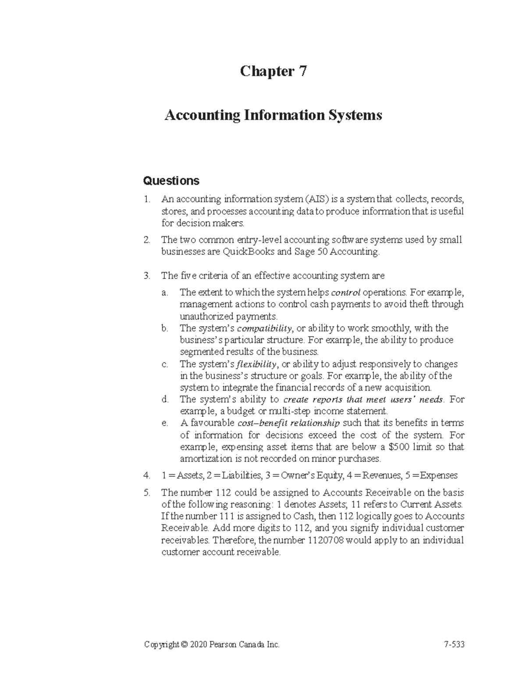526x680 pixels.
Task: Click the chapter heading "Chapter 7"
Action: click(273, 71)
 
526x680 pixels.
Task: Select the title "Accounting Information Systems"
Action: click(273, 116)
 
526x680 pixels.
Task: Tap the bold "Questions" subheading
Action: click(171, 181)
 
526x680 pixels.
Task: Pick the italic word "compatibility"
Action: click(265, 328)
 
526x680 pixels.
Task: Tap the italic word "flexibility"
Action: click(256, 364)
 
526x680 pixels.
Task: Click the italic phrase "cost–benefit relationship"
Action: click(288, 423)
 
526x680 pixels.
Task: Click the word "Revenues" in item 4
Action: click(382, 476)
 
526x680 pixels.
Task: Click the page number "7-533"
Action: click(454, 645)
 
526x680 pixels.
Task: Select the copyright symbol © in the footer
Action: click(184, 645)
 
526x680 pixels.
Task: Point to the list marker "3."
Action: click(147, 276)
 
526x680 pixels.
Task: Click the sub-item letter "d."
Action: click(165, 400)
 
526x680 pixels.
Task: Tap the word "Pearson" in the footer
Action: click(224, 645)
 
